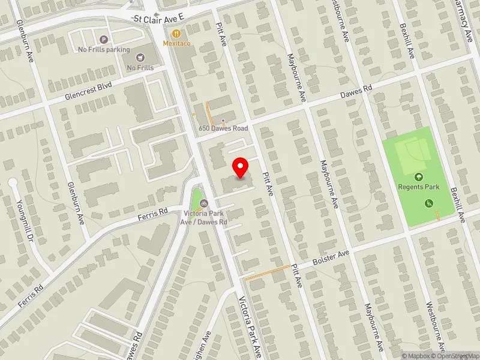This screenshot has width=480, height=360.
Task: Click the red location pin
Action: coord(241,167)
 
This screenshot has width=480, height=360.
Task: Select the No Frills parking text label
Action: coord(104,49)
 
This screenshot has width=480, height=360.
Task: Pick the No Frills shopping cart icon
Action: coord(140,58)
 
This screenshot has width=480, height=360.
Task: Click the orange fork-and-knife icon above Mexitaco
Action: coord(176,34)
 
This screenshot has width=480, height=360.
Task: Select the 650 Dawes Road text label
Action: coord(224,128)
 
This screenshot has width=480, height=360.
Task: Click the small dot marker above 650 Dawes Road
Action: coord(223,121)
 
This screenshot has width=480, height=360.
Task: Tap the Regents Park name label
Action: coord(419,187)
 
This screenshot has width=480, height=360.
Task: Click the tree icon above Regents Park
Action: coord(418,177)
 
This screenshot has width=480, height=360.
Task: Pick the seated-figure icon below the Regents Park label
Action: coord(429,203)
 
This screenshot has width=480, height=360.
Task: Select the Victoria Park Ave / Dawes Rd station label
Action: coord(205,217)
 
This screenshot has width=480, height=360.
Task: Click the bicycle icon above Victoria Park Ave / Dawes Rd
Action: coord(204,203)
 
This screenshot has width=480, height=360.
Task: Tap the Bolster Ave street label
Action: coord(331,260)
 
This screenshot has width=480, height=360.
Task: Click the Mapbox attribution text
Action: coord(418,356)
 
